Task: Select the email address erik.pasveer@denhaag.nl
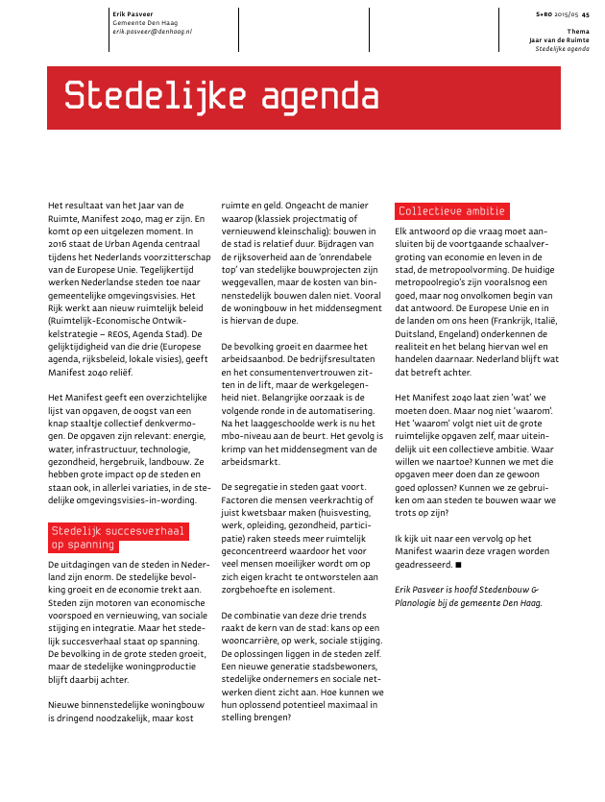[x=152, y=32]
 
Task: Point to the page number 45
[x=586, y=14]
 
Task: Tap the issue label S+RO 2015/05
[x=557, y=14]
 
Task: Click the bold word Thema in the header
[x=579, y=32]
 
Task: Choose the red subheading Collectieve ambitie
[x=452, y=211]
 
